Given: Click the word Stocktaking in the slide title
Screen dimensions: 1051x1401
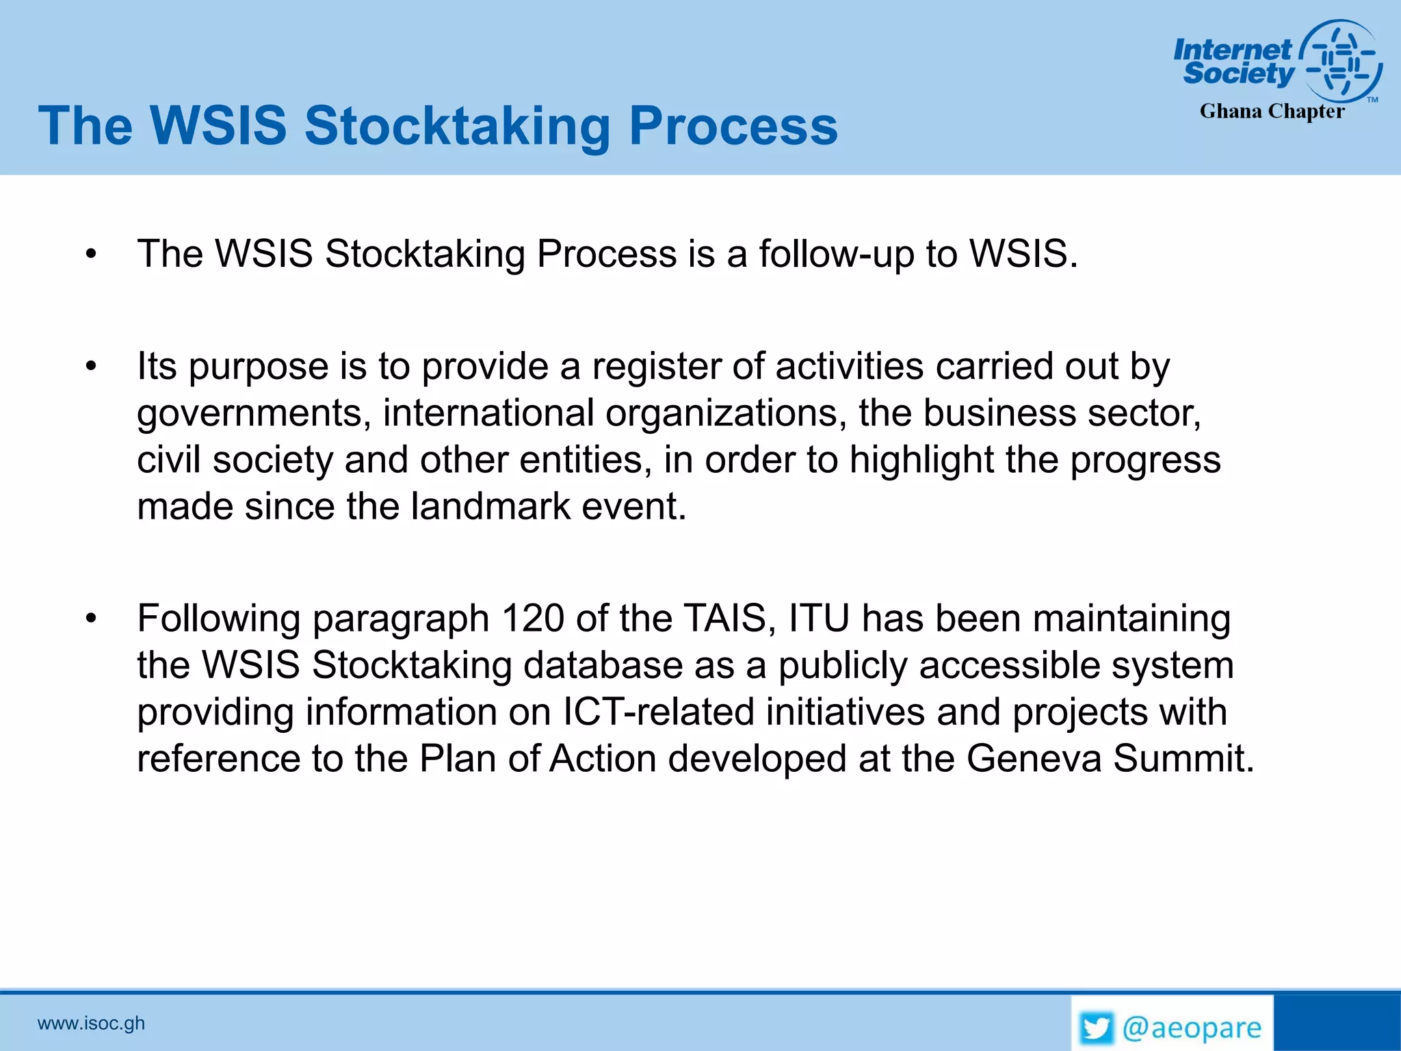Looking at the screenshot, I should coord(457,127).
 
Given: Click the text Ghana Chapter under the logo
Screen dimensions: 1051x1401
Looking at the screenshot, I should coord(1272,112).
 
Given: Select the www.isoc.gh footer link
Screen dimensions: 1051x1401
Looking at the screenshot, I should coord(91,1023).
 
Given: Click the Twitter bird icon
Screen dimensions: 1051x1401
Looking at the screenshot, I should coord(1097,1028).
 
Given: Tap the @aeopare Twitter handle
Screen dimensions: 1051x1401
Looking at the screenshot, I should coord(1192,1028).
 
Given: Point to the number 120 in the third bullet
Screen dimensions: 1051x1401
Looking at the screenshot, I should coord(533,619).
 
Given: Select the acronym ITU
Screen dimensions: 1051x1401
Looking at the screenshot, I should coord(818,619).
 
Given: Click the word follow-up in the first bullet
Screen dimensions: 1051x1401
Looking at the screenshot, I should coord(836,255).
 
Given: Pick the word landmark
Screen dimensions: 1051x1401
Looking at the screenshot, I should coord(490,507).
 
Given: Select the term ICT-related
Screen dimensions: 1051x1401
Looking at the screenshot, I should coord(658,712).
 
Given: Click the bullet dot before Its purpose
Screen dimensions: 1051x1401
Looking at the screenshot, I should coord(91,367).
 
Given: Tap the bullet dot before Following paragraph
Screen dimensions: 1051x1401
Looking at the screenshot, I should coord(91,619).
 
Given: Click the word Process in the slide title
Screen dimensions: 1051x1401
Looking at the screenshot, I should coord(733,127).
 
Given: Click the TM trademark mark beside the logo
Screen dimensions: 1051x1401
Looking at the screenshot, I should coord(1372,100).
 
